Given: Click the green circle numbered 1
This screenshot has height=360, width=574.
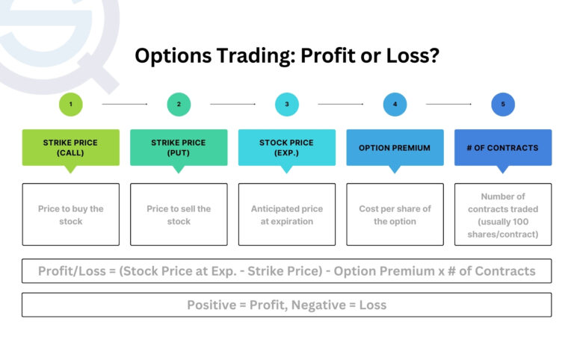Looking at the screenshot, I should (x=70, y=105).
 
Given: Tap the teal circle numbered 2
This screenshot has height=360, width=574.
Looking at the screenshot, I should (x=179, y=105).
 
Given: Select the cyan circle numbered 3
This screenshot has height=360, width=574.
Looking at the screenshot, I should (x=287, y=105).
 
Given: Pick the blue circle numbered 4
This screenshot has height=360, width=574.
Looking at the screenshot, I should (x=395, y=105).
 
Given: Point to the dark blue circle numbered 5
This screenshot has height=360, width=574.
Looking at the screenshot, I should (x=503, y=105).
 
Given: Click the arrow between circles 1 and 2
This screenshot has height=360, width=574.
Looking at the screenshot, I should (x=125, y=105).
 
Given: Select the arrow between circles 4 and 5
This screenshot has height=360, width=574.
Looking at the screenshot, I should (x=449, y=105).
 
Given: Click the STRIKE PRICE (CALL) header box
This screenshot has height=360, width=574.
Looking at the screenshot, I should (x=70, y=147).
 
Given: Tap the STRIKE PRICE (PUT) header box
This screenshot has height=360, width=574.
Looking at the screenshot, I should (x=179, y=147).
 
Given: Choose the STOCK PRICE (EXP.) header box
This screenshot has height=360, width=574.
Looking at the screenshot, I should (x=287, y=147).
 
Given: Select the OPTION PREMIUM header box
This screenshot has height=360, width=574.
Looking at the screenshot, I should (x=395, y=147).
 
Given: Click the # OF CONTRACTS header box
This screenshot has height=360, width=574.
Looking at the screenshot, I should (x=503, y=147).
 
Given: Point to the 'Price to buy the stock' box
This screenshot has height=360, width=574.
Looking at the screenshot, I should (x=70, y=214).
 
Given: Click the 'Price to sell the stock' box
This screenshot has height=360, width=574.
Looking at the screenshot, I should (x=179, y=214).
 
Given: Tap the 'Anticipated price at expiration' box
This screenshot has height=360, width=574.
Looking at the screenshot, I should (x=287, y=214).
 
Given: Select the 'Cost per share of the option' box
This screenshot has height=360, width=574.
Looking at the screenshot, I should (x=395, y=214).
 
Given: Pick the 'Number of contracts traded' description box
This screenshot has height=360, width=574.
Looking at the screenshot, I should (x=503, y=214).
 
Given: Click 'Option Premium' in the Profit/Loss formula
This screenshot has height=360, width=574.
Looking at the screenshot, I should (x=381, y=271).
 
